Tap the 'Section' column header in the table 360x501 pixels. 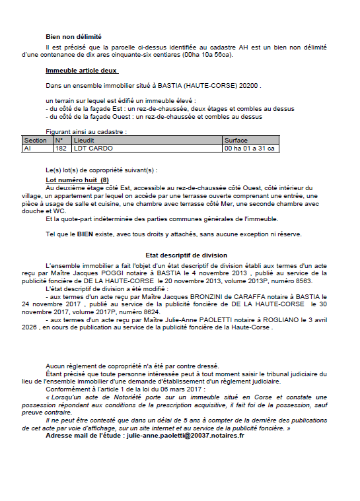point(36,141)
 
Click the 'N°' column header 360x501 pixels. point(59,141)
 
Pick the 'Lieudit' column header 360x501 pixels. point(86,141)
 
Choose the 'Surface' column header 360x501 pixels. point(236,141)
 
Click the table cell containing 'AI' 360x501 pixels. point(28,149)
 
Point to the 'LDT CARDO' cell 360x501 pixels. point(91,149)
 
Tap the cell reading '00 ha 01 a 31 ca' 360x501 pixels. point(250,149)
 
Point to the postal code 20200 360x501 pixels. point(250,86)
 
